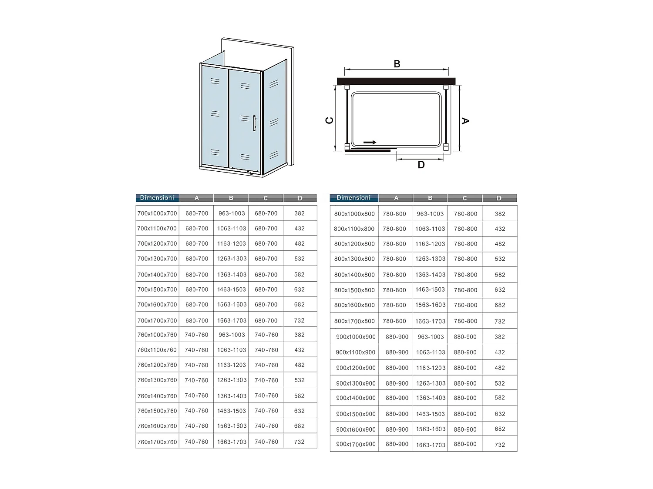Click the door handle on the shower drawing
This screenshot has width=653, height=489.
pyautogui.click(x=254, y=123)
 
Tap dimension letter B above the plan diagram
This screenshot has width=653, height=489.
pyautogui.click(x=397, y=64)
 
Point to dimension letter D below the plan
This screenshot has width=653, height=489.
pyautogui.click(x=421, y=165)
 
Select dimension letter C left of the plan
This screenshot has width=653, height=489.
pyautogui.click(x=330, y=120)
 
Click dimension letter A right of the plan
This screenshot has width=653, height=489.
pyautogui.click(x=465, y=120)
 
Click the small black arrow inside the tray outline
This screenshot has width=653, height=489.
pyautogui.click(x=370, y=143)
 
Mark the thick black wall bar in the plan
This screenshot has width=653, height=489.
pyautogui.click(x=396, y=81)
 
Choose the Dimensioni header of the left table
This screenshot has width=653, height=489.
pyautogui.click(x=157, y=198)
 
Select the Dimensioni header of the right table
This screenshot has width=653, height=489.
pyautogui.click(x=353, y=198)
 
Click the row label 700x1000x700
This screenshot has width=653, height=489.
pyautogui.click(x=157, y=213)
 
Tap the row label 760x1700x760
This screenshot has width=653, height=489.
pyautogui.click(x=157, y=442)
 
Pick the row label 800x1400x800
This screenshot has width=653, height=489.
pyautogui.click(x=354, y=275)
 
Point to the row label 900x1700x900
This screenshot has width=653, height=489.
pyautogui.click(x=356, y=444)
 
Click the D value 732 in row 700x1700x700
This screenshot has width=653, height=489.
pyautogui.click(x=300, y=320)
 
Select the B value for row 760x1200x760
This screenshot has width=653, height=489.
pyautogui.click(x=232, y=365)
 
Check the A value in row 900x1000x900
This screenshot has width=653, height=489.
pyautogui.click(x=397, y=337)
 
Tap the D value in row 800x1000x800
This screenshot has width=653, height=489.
pyautogui.click(x=500, y=214)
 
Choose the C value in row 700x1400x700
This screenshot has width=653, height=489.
pyautogui.click(x=266, y=275)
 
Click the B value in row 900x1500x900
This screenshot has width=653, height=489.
pyautogui.click(x=431, y=414)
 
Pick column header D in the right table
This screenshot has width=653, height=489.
pyautogui.click(x=499, y=198)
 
